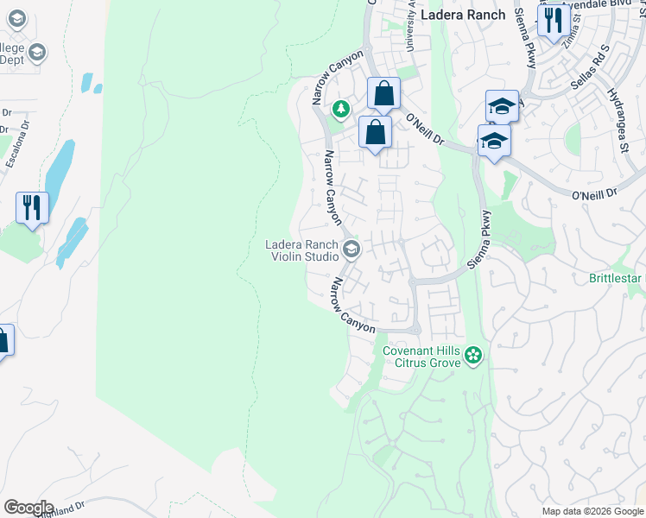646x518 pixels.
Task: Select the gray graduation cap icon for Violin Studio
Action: (x=351, y=250)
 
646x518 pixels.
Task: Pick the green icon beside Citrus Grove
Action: (x=472, y=355)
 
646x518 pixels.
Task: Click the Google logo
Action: (x=28, y=508)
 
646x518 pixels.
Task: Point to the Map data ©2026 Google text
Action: (x=592, y=511)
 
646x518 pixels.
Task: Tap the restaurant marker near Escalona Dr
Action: (x=32, y=207)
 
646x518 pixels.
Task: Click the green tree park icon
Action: (x=342, y=109)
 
